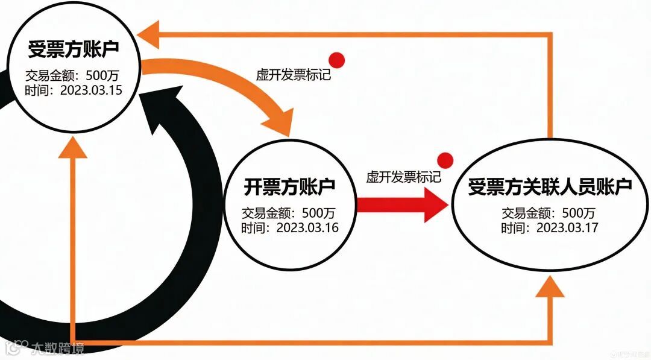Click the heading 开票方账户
[289, 186]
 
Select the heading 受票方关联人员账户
[550, 186]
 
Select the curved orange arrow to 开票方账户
[241, 90]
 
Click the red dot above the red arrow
[445, 160]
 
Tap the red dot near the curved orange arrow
[336, 60]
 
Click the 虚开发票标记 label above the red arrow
[403, 177]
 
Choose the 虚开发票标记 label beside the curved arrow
[294, 75]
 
